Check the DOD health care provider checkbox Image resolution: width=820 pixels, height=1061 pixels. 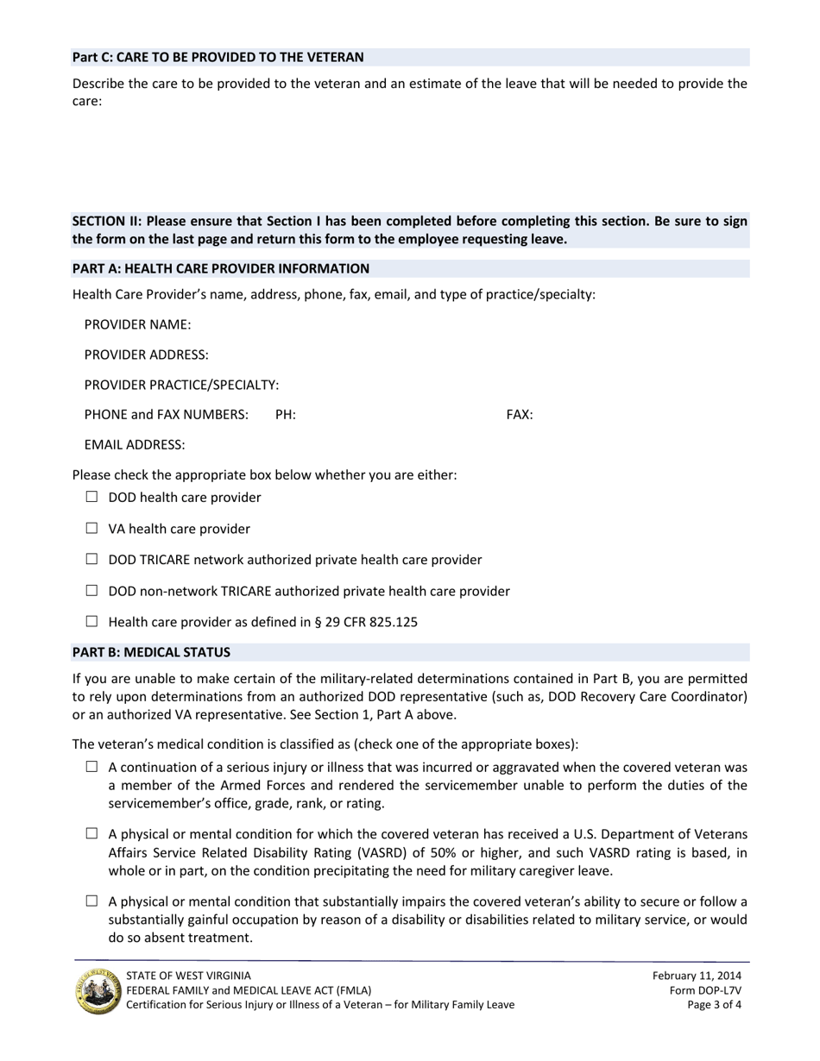[92, 497]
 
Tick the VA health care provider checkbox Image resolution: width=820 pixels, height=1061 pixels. [92, 528]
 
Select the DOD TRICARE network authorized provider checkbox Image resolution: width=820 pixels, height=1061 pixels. [92, 559]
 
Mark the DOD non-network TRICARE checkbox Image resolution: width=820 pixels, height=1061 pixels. [92, 591]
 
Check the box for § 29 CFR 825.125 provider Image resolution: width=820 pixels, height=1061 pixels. [92, 621]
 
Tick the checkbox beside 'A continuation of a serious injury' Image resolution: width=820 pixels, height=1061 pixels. [92, 768]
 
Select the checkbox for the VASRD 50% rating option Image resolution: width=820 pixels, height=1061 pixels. [92, 834]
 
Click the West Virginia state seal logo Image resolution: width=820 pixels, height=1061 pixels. [98, 990]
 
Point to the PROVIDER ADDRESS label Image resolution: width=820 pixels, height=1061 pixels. [146, 355]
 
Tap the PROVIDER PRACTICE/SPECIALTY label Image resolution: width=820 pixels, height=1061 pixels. [181, 385]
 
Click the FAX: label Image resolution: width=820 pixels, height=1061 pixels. [519, 415]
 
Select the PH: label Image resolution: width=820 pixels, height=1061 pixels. [286, 415]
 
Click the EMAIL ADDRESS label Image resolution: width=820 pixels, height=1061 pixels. [135, 445]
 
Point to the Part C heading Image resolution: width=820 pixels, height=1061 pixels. [218, 57]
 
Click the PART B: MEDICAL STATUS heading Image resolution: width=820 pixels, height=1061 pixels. [151, 652]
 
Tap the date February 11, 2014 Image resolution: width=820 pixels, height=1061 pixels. [697, 975]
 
